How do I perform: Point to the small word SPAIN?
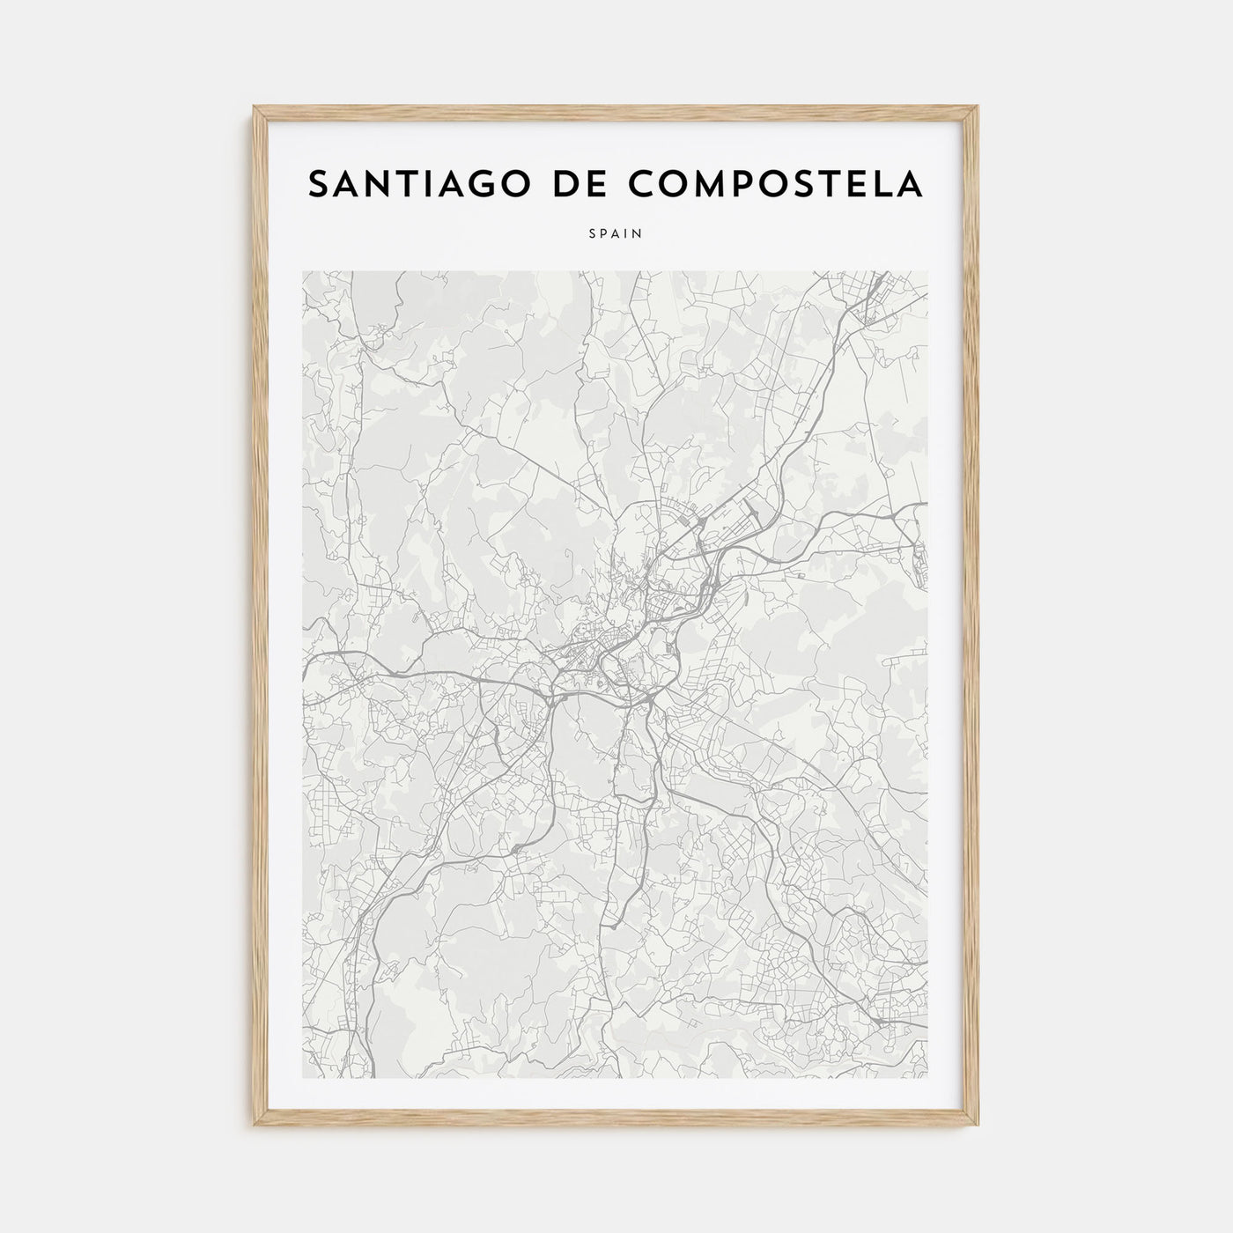pos(616,234)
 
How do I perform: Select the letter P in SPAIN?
pos(604,234)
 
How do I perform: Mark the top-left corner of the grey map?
pos(302,271)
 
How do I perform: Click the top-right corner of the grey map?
pos(928,271)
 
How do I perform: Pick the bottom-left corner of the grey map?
pos(302,1078)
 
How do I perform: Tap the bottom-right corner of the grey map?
pos(928,1078)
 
